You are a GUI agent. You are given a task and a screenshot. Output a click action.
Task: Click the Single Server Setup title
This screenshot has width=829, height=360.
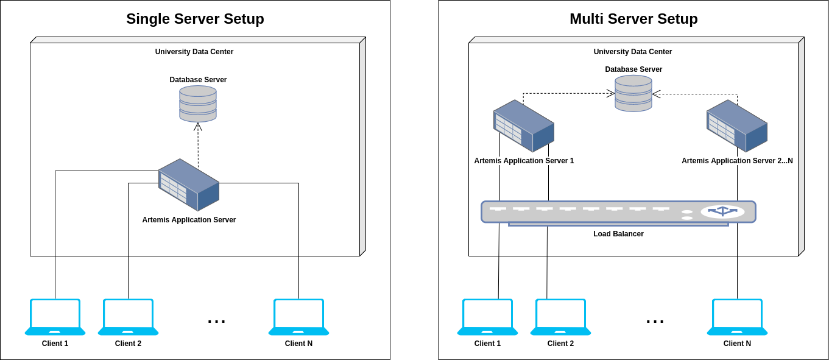click(x=195, y=19)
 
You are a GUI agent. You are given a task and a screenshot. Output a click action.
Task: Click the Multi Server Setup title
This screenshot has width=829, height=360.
click(x=633, y=19)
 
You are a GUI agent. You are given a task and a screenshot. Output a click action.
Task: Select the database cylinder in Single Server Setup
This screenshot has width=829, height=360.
click(x=198, y=104)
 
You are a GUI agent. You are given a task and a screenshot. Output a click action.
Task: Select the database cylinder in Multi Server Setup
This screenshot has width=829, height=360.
click(x=633, y=93)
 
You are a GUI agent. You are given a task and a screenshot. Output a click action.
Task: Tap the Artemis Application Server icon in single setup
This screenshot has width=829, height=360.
click(x=189, y=185)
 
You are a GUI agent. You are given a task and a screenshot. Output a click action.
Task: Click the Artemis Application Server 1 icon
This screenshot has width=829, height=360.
click(x=524, y=126)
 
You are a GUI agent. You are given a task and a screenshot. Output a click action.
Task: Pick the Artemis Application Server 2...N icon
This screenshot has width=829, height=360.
click(x=737, y=126)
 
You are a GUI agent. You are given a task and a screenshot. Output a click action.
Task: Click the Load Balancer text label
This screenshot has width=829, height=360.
click(x=618, y=234)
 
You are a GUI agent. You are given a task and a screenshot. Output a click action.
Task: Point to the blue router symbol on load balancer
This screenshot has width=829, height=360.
click(x=722, y=211)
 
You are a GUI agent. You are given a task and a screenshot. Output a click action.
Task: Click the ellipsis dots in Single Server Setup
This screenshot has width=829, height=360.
click(x=216, y=322)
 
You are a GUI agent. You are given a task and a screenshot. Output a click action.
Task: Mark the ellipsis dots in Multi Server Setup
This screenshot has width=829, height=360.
click(x=655, y=322)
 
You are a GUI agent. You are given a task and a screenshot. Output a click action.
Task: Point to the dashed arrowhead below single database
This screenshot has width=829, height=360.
click(x=198, y=127)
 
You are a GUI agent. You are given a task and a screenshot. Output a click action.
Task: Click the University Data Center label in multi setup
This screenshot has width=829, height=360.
click(x=633, y=52)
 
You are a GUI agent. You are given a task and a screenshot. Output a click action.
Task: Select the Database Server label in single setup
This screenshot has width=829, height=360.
click(x=198, y=80)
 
